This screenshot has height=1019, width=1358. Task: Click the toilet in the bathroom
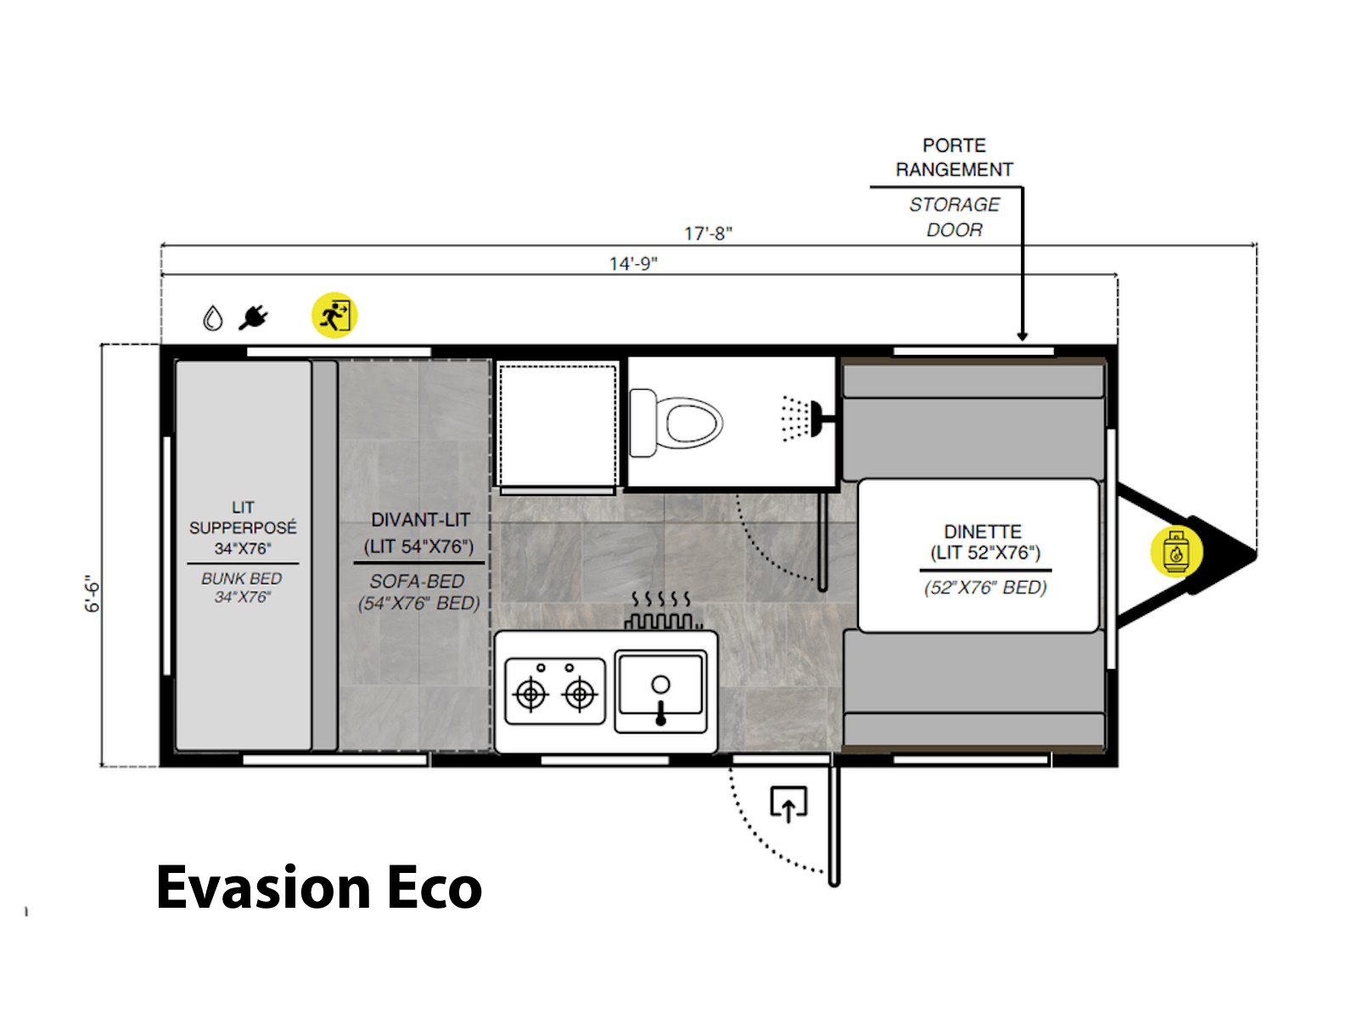point(676,423)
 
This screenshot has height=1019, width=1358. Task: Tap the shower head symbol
point(806,419)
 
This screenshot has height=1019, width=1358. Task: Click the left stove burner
point(530,694)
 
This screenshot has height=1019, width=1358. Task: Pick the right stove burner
point(579,694)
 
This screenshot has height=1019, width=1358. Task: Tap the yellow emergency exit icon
point(334,315)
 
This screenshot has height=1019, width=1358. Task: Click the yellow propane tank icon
point(1176,551)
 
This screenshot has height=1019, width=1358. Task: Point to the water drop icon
point(213,318)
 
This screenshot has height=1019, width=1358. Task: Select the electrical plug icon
point(254,318)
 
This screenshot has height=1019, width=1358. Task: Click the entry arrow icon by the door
point(788,804)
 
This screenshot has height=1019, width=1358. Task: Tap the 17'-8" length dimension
point(708,234)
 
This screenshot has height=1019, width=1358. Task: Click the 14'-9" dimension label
point(633,264)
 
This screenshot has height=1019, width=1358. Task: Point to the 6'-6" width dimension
point(92,594)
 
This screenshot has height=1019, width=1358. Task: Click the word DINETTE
point(983,532)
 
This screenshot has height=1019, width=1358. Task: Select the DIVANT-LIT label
point(421,520)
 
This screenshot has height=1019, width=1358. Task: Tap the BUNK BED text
point(241,578)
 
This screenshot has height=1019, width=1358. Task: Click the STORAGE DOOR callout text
point(954,217)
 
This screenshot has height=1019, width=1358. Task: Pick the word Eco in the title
point(435,888)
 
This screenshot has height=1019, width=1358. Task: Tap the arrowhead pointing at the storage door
point(1022,336)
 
